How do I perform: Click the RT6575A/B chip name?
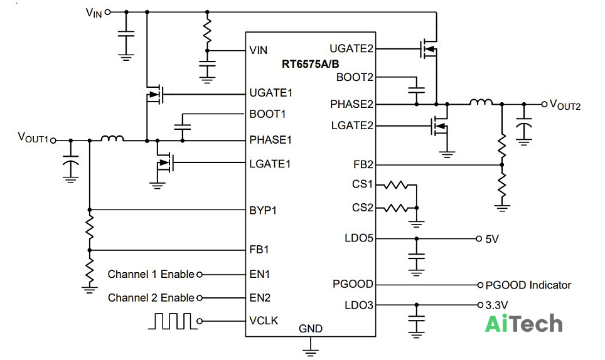pos(310,63)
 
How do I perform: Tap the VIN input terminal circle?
pos(108,12)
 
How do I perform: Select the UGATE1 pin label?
pos(271,93)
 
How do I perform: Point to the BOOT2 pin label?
pos(355,78)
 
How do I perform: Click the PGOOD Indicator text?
pos(528,285)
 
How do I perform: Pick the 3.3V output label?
pos(496,305)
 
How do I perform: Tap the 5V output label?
pos(492,239)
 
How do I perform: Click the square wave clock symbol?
pos(173,321)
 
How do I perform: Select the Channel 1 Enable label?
pos(151,275)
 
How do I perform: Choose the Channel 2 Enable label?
pos(151,298)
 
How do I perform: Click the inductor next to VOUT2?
pos(481,102)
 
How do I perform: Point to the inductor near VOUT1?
pos(112,139)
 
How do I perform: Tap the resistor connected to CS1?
pos(396,185)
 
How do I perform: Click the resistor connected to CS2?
pos(396,208)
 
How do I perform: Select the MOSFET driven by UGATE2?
pos(429,49)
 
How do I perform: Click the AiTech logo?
pos(523,324)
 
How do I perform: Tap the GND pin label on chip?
pos(311,329)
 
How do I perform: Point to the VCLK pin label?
pos(264,320)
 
